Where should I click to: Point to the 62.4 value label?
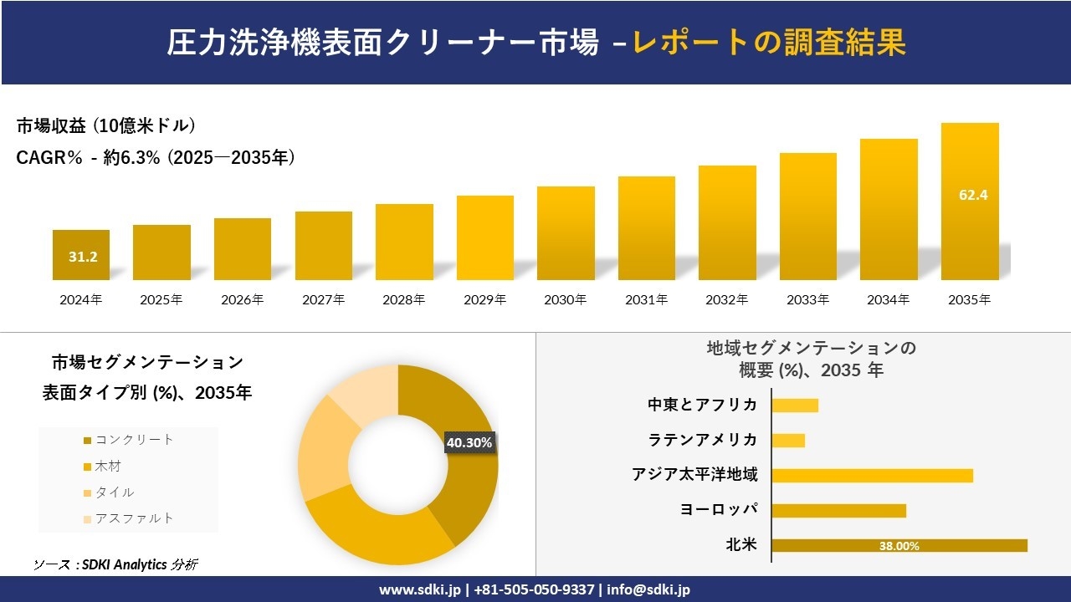tap(973, 196)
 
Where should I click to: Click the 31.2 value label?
tap(83, 257)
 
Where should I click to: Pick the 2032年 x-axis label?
tap(727, 299)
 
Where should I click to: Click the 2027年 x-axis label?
tap(323, 299)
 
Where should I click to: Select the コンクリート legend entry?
tap(134, 440)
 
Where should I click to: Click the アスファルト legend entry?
tap(134, 518)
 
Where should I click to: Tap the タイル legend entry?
tap(115, 492)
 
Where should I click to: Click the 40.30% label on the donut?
tap(469, 442)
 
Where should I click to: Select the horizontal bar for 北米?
tap(899, 545)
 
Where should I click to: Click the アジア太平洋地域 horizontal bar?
tap(872, 475)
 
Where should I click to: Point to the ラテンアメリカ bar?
tap(788, 440)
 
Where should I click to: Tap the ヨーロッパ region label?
tap(719, 510)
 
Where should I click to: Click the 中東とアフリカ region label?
tap(703, 405)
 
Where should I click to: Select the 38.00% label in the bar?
tap(899, 546)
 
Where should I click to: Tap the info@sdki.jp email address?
tap(648, 589)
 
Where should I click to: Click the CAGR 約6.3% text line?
tap(156, 157)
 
